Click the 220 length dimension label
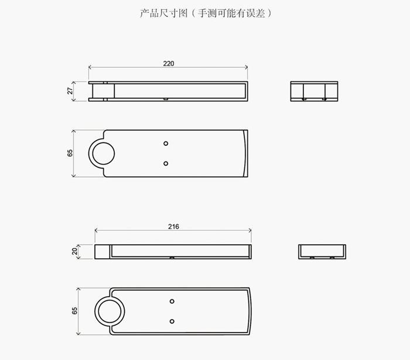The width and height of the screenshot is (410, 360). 169,63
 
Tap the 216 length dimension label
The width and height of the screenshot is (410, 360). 173,227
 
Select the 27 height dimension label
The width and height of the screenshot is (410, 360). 70,91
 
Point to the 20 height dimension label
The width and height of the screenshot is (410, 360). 75,251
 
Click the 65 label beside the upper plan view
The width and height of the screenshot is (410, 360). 70,153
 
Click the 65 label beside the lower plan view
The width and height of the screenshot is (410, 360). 74,311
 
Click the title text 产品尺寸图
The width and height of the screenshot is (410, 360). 163,13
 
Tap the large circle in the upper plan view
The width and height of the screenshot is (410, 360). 104,143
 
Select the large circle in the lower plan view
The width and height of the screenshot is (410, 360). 110,300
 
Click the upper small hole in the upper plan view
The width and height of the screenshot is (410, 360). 166,143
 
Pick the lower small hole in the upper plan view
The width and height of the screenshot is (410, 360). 166,163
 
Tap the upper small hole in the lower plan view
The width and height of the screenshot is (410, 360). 172,301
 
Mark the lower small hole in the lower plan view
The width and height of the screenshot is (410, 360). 172,321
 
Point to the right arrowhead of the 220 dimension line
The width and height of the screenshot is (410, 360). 247,67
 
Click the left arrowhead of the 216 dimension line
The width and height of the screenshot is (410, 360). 96,231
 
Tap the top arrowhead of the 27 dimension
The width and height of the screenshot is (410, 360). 73,83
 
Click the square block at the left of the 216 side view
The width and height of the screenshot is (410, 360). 102,252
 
